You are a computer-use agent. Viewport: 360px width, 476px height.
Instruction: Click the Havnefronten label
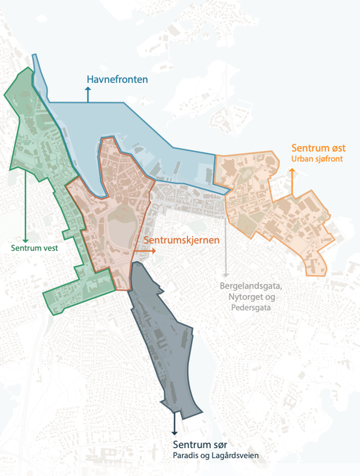(x=117, y=79)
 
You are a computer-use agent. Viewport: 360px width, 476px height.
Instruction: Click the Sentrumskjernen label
(x=182, y=240)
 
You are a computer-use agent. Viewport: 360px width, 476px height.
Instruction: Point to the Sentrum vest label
(x=35, y=248)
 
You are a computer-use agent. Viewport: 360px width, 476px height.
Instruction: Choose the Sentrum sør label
(x=201, y=445)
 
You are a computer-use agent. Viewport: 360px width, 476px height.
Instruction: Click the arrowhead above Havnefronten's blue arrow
(x=88, y=89)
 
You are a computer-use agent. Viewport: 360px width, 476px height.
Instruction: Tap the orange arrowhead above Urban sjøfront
(x=292, y=171)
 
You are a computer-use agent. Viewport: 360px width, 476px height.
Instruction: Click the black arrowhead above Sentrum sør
(x=174, y=432)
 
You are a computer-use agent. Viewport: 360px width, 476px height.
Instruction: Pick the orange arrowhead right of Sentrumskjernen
(x=154, y=251)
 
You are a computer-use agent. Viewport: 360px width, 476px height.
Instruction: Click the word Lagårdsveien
(x=236, y=456)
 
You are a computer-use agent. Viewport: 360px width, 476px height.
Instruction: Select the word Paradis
(x=186, y=456)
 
